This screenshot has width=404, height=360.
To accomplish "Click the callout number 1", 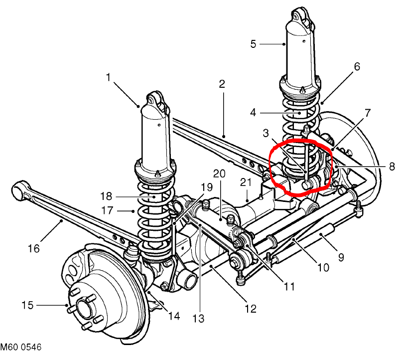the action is tap(109, 77).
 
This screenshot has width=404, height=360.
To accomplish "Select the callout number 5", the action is tap(253, 44).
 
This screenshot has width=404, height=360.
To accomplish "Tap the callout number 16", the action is tap(34, 249).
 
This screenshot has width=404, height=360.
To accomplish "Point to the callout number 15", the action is tap(27, 305).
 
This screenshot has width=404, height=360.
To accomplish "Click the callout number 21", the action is tap(246, 182).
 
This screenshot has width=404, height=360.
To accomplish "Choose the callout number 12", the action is tap(251, 309).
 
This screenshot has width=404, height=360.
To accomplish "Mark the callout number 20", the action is tap(219, 174).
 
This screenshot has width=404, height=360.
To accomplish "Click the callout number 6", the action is tap(357, 66).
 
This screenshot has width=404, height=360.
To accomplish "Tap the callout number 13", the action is tap(198, 319).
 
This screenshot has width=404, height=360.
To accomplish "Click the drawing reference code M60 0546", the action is tap(20, 347).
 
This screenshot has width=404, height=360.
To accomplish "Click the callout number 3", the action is tap(266, 133).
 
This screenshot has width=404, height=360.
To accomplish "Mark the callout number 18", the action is tap(106, 196).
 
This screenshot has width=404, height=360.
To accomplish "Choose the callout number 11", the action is tap(289, 286).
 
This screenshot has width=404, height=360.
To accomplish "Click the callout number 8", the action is tap(392, 167).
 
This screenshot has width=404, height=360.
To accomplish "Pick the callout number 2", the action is tap(222, 84).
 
